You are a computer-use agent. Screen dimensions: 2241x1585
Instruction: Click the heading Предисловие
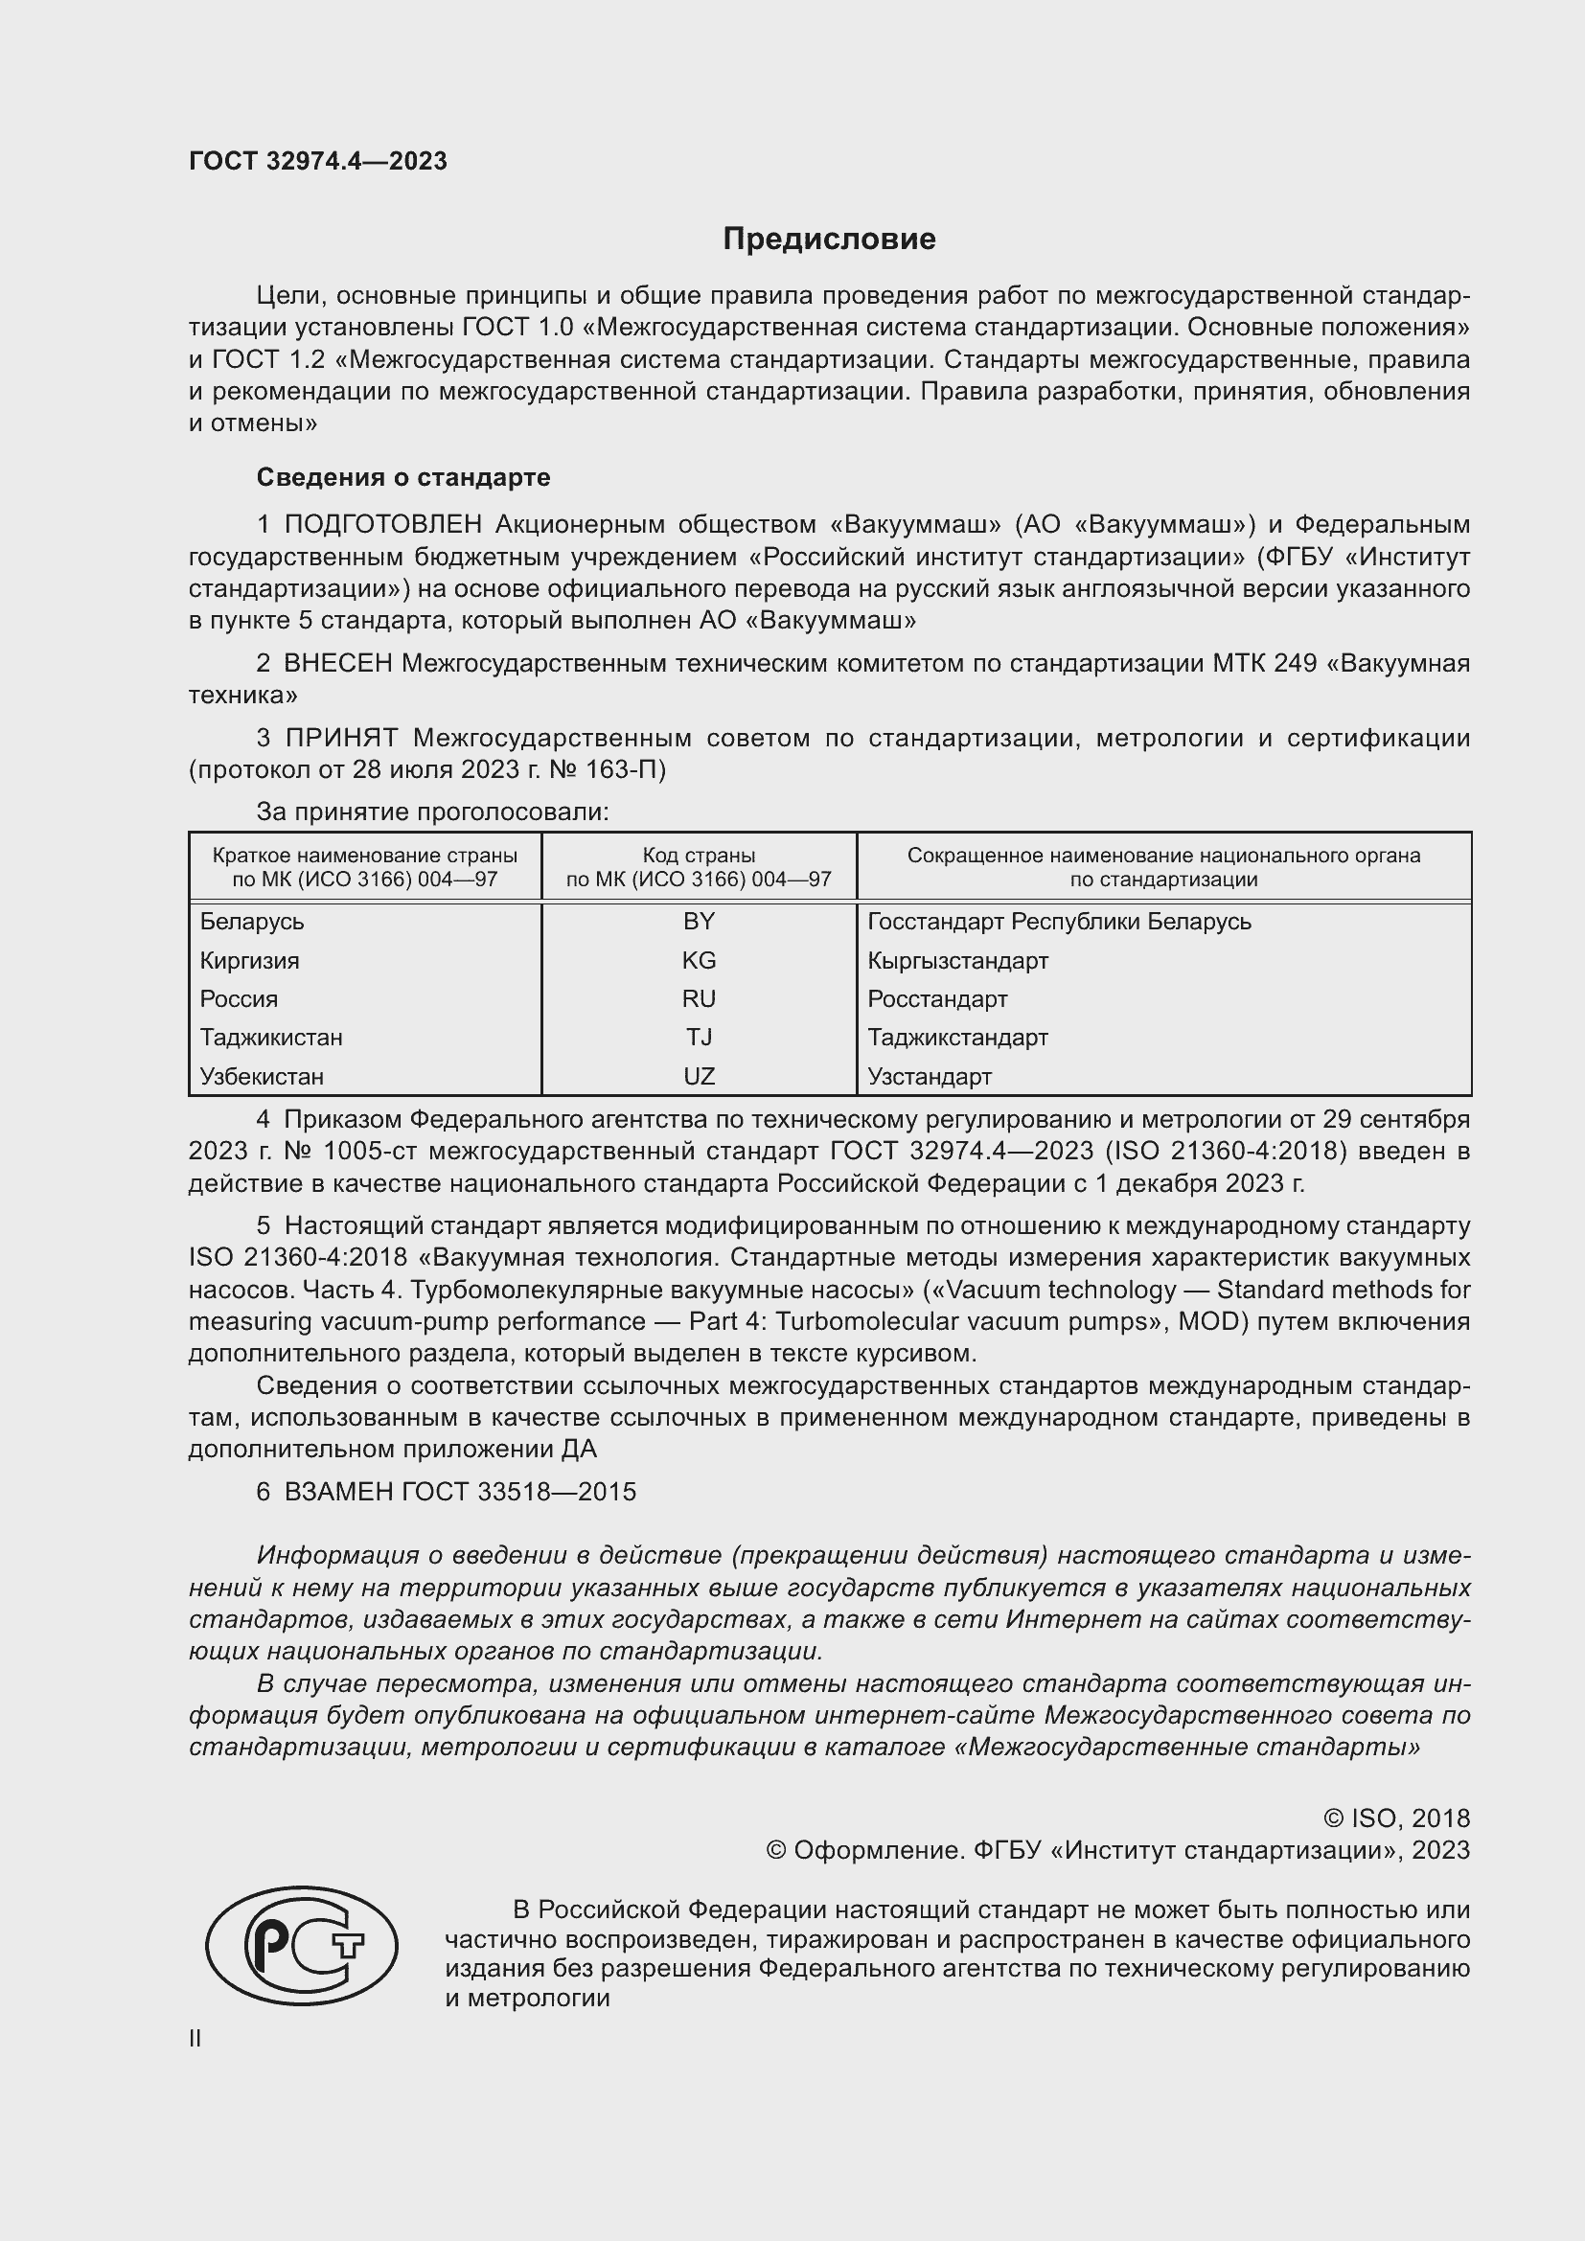(829, 240)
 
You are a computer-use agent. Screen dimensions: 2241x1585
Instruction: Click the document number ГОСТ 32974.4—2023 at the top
(318, 161)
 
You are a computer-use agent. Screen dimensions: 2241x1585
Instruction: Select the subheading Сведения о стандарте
(403, 477)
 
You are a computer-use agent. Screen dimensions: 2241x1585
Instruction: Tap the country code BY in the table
(699, 922)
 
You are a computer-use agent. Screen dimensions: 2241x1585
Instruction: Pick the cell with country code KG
(699, 960)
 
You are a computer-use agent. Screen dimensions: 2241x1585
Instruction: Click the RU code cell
(699, 998)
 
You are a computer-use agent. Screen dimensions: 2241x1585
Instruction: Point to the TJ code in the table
(699, 1037)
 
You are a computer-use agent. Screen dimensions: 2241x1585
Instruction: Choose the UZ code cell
(699, 1076)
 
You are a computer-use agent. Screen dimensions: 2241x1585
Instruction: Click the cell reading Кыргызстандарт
(957, 960)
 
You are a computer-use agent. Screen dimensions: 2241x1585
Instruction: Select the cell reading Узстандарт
(930, 1076)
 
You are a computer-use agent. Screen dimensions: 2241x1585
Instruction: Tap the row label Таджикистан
(271, 1037)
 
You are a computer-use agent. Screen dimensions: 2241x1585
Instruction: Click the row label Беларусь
(252, 922)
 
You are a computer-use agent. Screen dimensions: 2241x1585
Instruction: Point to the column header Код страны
(699, 855)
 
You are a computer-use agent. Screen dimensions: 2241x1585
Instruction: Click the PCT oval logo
(302, 1944)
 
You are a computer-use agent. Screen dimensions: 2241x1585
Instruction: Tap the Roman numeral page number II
(195, 2039)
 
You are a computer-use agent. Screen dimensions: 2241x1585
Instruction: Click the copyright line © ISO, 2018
(1395, 1818)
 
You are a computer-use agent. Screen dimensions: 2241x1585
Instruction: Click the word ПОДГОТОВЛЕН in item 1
(382, 524)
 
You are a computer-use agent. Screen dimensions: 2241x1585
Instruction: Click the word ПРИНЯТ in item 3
(341, 737)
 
